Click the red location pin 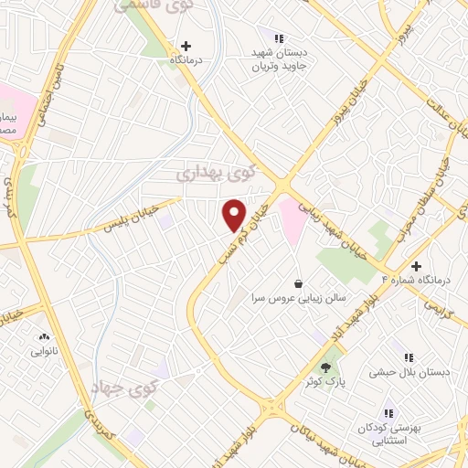(235, 216)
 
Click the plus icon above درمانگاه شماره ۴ (417, 266)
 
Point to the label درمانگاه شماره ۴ (420, 281)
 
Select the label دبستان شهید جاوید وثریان (280, 59)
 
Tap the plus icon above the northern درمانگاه (186, 45)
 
